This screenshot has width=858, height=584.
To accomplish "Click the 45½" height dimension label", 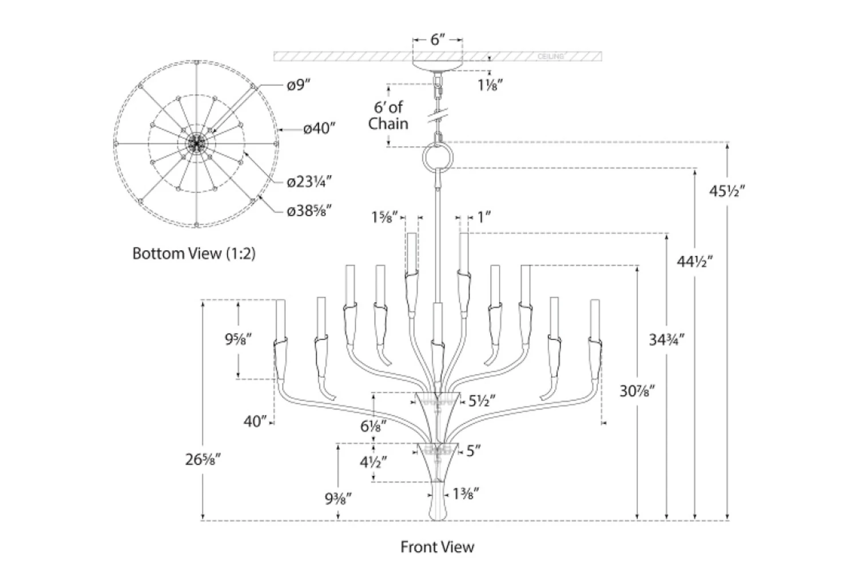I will pos(727,191).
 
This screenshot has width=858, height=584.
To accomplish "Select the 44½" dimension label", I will pos(695,262).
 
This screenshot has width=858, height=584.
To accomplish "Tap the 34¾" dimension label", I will pos(666,340).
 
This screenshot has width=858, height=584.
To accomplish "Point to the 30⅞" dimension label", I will pos(637,391).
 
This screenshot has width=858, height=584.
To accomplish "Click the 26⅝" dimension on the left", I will pos(203,459).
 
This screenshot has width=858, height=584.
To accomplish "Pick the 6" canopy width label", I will pos(438,39).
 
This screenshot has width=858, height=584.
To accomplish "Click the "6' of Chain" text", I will pos(388,115).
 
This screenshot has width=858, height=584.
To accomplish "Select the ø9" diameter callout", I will pos(299,85).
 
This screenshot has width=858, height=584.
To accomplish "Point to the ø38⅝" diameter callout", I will pos(309,211).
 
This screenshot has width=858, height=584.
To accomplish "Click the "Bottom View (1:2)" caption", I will pos(194,253).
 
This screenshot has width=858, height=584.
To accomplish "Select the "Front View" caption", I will pos(437,547).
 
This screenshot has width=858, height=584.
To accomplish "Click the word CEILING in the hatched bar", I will pos(551,57).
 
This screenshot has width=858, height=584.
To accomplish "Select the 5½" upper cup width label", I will pos(481,401).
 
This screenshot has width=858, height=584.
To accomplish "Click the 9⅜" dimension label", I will pos(339,499).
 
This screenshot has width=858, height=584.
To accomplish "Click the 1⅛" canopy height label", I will pos(490,86).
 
